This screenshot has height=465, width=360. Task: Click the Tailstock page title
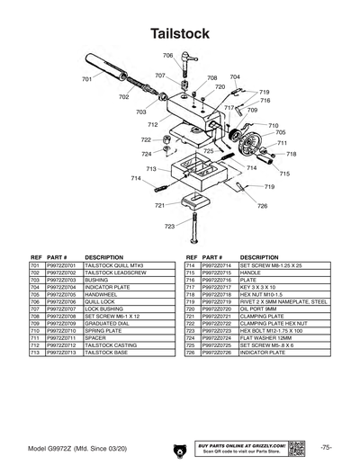[180, 33]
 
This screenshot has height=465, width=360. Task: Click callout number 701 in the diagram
[87, 80]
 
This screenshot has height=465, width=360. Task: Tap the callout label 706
[167, 56]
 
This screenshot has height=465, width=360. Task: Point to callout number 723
[170, 226]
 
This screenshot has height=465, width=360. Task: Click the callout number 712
[153, 124]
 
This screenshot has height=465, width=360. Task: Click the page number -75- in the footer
[326, 447]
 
